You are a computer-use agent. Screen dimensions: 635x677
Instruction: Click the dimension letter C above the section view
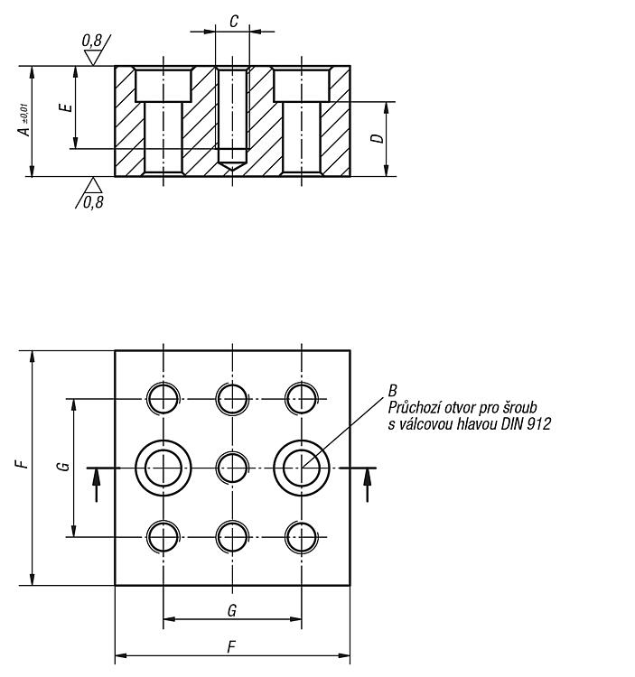[233, 21]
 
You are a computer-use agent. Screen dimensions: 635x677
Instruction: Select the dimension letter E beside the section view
[67, 107]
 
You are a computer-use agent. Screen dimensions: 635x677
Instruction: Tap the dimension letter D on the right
[378, 138]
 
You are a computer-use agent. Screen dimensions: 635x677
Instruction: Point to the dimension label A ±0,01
[24, 120]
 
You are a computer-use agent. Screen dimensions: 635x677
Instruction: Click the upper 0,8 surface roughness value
[91, 41]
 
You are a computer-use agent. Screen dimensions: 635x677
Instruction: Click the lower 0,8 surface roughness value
[93, 202]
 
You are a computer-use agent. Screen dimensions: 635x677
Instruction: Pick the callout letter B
[392, 391]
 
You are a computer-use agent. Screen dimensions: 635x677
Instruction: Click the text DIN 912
[526, 424]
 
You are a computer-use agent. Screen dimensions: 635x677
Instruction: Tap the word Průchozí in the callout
[414, 408]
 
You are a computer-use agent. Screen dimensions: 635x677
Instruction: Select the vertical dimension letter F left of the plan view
[22, 465]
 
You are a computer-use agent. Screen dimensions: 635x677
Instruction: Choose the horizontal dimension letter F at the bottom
[232, 647]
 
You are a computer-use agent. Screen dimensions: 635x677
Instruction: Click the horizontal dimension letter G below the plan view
[232, 610]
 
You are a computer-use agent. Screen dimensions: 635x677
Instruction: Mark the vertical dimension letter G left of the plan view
[63, 467]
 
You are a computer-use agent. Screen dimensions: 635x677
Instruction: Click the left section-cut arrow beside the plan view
[97, 485]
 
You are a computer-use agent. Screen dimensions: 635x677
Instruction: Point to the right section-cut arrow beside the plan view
[368, 485]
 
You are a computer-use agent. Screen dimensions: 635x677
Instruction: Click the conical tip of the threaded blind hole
[232, 166]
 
